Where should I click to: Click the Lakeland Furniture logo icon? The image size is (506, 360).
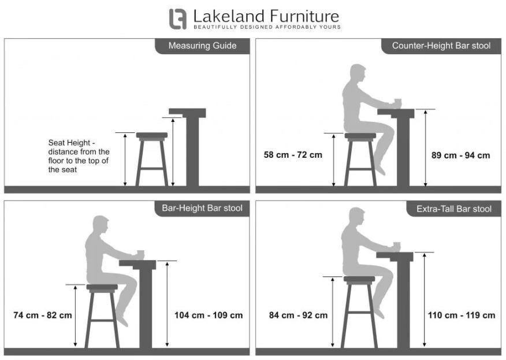pyautogui.click(x=178, y=18)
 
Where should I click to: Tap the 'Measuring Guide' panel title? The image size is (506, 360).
pyautogui.click(x=202, y=46)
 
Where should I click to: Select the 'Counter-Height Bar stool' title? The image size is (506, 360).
pyautogui.click(x=441, y=46)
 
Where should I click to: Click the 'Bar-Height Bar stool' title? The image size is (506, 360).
pyautogui.click(x=202, y=208)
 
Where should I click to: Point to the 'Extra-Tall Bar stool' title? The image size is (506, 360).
pyautogui.click(x=453, y=209)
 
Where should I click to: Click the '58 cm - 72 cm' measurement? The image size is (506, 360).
pyautogui.click(x=293, y=155)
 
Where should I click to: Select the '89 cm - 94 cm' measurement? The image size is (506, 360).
pyautogui.click(x=460, y=155)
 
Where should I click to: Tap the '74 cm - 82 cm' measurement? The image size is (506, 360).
pyautogui.click(x=43, y=315)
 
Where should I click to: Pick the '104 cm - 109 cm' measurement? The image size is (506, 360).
pyautogui.click(x=209, y=315)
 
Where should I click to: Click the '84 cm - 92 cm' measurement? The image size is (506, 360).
pyautogui.click(x=298, y=315)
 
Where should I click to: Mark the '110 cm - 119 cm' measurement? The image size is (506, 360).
pyautogui.click(x=462, y=315)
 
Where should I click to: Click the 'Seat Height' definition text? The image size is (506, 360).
pyautogui.click(x=79, y=156)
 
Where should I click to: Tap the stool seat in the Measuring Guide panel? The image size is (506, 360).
pyautogui.click(x=152, y=135)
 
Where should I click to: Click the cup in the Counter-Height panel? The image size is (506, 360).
pyautogui.click(x=398, y=103)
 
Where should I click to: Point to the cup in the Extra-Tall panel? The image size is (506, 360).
pyautogui.click(x=397, y=246)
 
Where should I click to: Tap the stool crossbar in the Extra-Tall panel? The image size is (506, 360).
pyautogui.click(x=360, y=313)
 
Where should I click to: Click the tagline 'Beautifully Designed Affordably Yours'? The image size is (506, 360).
pyautogui.click(x=267, y=27)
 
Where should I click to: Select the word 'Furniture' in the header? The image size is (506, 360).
pyautogui.click(x=304, y=16)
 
